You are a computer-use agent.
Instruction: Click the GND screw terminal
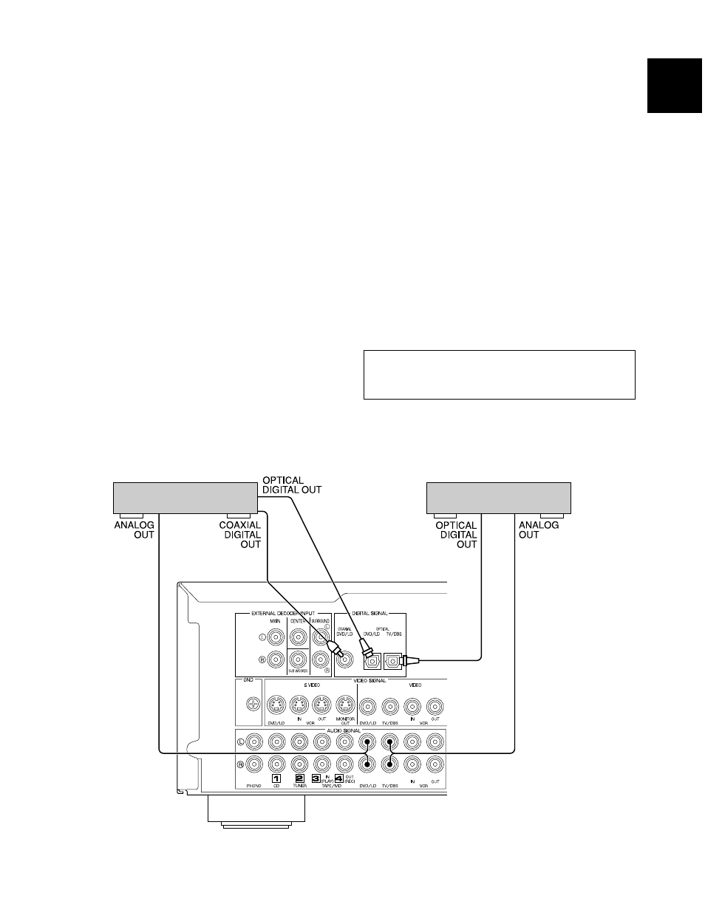pyautogui.click(x=252, y=705)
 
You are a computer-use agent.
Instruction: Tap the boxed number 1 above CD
pyautogui.click(x=276, y=778)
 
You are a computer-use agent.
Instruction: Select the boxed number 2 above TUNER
pyautogui.click(x=299, y=778)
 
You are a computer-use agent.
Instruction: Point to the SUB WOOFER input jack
pyautogui.click(x=298, y=659)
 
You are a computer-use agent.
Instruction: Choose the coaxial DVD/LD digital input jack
pyautogui.click(x=344, y=660)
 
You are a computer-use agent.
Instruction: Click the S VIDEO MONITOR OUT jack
pyautogui.click(x=344, y=705)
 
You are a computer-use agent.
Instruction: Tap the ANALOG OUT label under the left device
pyautogui.click(x=134, y=530)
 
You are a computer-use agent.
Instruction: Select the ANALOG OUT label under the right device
pyautogui.click(x=539, y=530)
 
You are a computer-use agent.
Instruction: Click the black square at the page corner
pyautogui.click(x=674, y=86)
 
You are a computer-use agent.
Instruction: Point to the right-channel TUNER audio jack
pyautogui.click(x=299, y=764)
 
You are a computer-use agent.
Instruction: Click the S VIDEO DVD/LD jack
pyautogui.click(x=276, y=705)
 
